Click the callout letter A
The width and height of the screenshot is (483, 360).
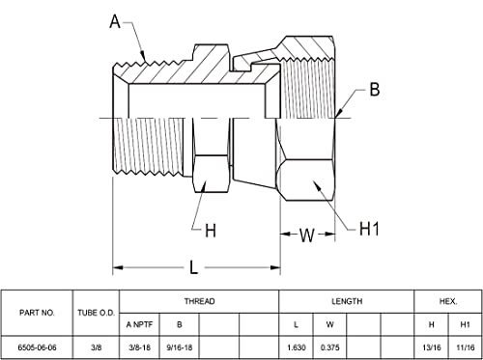(x=115, y=22)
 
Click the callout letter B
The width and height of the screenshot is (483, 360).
(x=375, y=89)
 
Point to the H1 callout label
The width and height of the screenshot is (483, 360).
(x=369, y=229)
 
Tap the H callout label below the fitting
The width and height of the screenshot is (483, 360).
(x=211, y=231)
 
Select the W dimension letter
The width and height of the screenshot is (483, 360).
(x=306, y=235)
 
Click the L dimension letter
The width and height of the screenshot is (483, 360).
(x=193, y=267)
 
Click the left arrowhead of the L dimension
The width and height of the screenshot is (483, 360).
(x=118, y=267)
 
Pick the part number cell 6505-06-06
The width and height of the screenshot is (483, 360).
(x=37, y=347)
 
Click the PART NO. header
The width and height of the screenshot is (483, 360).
(x=37, y=313)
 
